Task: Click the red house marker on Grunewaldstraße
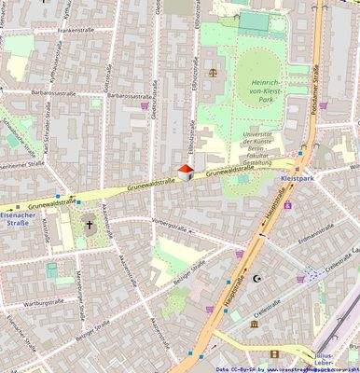(x=186, y=171)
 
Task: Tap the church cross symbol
(x=90, y=224)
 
